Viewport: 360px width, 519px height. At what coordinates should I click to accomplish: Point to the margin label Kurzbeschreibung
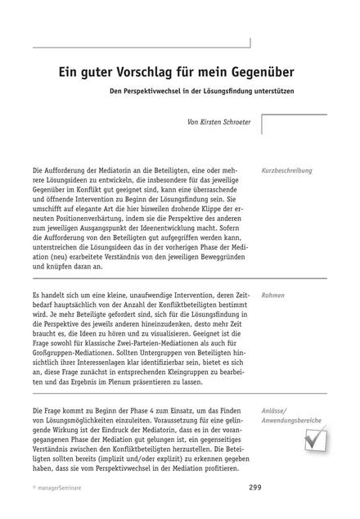point(287,171)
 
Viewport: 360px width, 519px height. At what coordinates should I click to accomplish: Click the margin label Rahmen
point(273,294)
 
